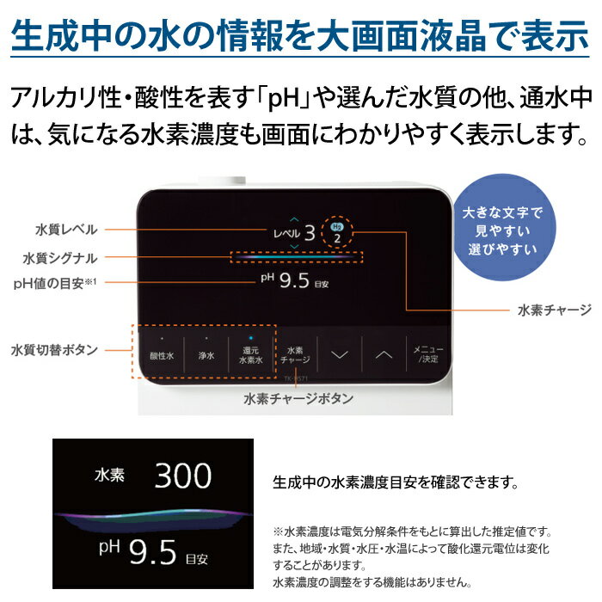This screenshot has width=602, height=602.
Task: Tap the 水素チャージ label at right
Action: point(554,309)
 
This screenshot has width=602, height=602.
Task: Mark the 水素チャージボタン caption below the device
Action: point(298,398)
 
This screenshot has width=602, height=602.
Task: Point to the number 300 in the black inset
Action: point(183,475)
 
